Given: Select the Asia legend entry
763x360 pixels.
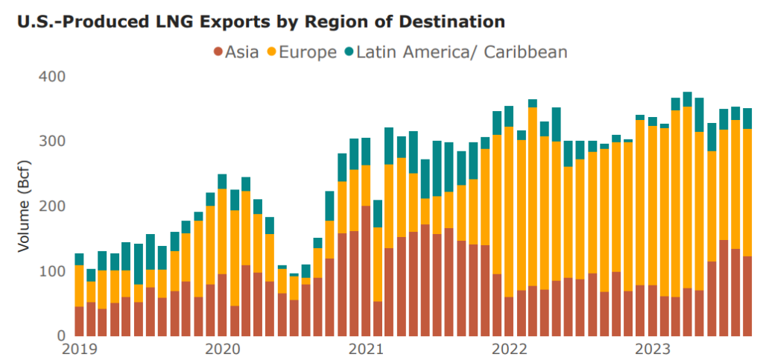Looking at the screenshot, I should click(236, 52).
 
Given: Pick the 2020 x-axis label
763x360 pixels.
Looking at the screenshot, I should click(221, 350).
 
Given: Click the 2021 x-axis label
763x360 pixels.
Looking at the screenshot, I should click(366, 350).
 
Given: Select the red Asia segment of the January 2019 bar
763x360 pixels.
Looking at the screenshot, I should click(79, 321).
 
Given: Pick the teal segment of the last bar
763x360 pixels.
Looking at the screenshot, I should click(747, 119).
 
